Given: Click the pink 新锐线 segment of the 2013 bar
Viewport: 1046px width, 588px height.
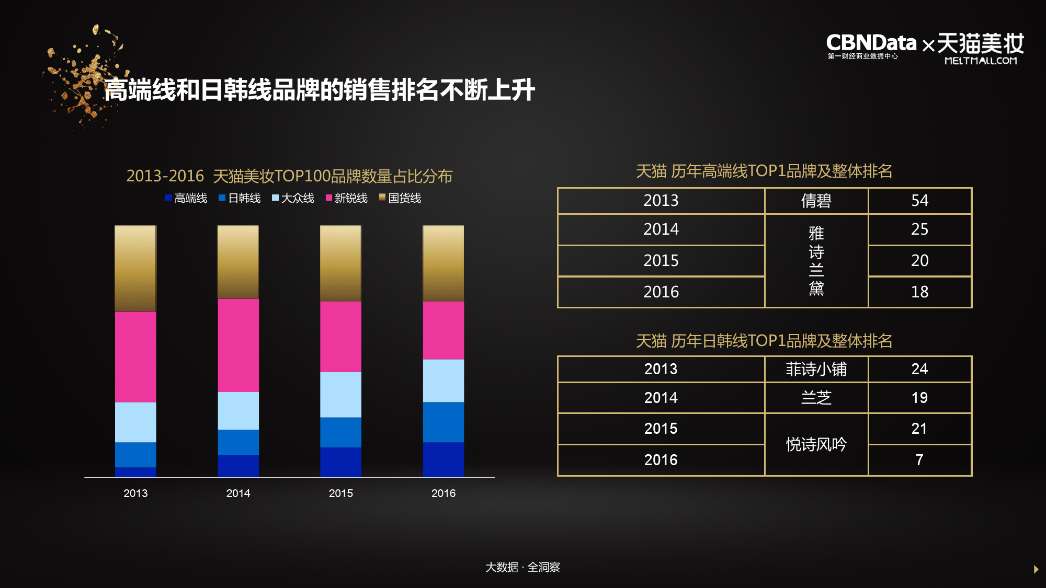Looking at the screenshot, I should pyautogui.click(x=135, y=356).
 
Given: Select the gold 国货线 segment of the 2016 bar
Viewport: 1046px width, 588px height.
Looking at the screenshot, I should pyautogui.click(x=443, y=263).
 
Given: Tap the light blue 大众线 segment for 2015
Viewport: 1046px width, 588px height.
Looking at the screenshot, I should pyautogui.click(x=340, y=394).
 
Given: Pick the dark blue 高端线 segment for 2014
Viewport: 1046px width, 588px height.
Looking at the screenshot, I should pyautogui.click(x=238, y=466).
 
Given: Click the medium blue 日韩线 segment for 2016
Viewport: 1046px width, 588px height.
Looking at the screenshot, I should pyautogui.click(x=443, y=422).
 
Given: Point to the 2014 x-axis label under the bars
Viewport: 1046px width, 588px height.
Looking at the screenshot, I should pyautogui.click(x=238, y=493).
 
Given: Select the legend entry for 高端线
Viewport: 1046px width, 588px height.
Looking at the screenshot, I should pyautogui.click(x=186, y=198).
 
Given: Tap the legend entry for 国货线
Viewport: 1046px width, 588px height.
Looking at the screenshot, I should pyautogui.click(x=400, y=198).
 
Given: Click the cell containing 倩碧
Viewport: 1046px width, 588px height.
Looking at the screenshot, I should pyautogui.click(x=816, y=201).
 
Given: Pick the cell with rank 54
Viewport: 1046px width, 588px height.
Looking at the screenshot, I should pyautogui.click(x=919, y=201).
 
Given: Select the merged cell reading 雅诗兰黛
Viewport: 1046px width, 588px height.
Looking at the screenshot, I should pyautogui.click(x=816, y=260).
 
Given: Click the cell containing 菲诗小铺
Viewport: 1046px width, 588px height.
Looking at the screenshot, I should pyautogui.click(x=816, y=369).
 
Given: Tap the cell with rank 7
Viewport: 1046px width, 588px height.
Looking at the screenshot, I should pyautogui.click(x=919, y=460).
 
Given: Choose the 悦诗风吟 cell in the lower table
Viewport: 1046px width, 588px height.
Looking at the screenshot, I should pyautogui.click(x=816, y=444).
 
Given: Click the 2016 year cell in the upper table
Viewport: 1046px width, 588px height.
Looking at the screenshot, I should pyautogui.click(x=661, y=292).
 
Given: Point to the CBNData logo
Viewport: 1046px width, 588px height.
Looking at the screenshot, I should pyautogui.click(x=871, y=45).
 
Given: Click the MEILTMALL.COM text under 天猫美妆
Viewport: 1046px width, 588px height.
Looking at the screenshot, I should pyautogui.click(x=981, y=61).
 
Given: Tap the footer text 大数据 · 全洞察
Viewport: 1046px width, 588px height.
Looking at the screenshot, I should pyautogui.click(x=522, y=567).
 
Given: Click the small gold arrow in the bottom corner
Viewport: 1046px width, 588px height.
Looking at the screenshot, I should pyautogui.click(x=1036, y=569).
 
